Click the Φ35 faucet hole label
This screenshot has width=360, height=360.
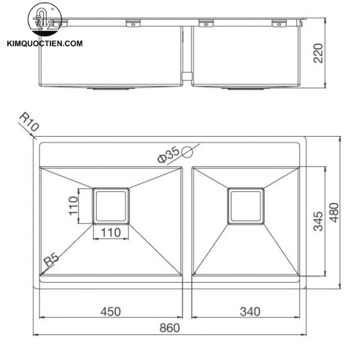pos(169,155)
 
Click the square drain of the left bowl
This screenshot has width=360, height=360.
pos(111,206)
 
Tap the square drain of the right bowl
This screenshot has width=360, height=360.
pos(246,206)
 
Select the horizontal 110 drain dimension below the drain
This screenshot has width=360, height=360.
pos(111,232)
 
